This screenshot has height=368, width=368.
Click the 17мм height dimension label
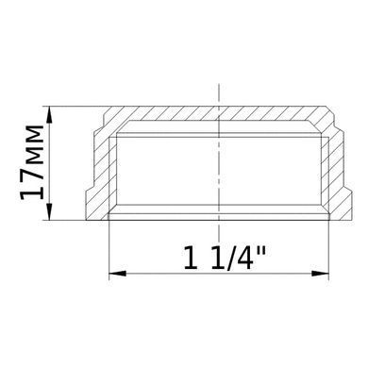coord(31,162)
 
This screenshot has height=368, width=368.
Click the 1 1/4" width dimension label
coord(225,258)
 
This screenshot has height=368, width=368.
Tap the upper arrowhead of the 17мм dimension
coord(49,114)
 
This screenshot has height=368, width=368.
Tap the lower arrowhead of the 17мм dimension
coord(49,211)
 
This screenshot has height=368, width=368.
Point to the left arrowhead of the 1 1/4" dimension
coord(117,274)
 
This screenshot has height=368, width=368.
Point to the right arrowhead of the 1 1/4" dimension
coord(320,274)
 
